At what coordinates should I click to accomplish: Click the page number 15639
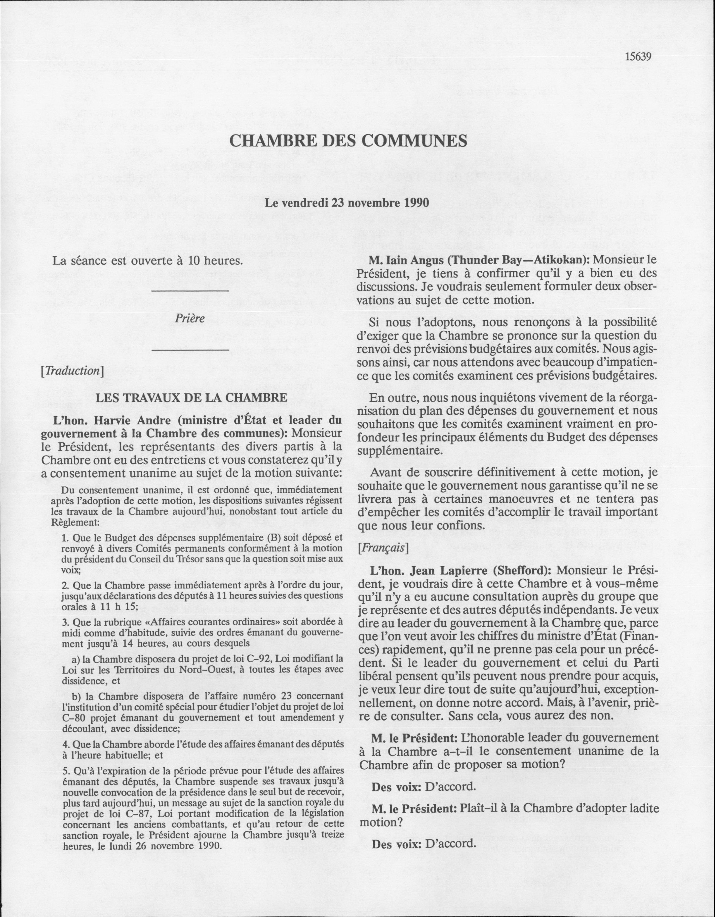coord(638,57)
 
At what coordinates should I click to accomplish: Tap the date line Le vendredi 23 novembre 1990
coord(347,203)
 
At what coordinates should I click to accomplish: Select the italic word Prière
coord(190,318)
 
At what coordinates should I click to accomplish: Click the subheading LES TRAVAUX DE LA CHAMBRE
coord(192,397)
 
